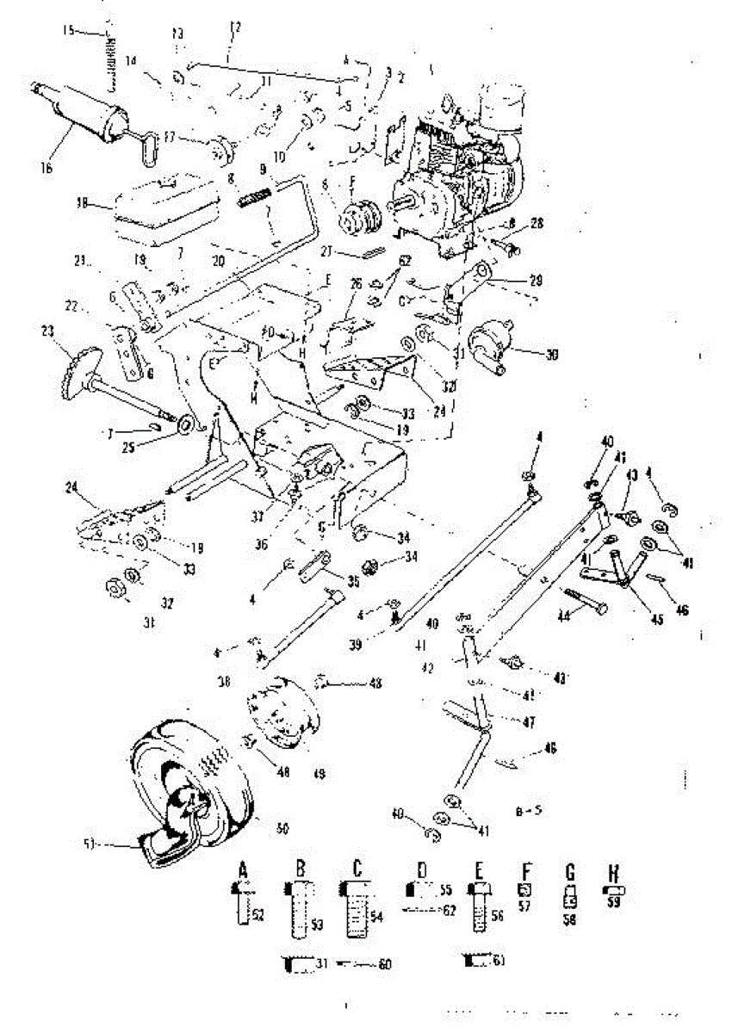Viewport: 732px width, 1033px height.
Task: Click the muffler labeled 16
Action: coord(82,112)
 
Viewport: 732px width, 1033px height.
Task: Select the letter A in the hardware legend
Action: coord(243,870)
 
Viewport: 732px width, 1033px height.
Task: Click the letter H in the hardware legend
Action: coord(615,869)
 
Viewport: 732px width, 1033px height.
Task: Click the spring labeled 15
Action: coord(109,60)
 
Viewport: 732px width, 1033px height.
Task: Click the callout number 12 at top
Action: coord(234,28)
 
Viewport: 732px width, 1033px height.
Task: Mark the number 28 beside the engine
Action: coord(537,224)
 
